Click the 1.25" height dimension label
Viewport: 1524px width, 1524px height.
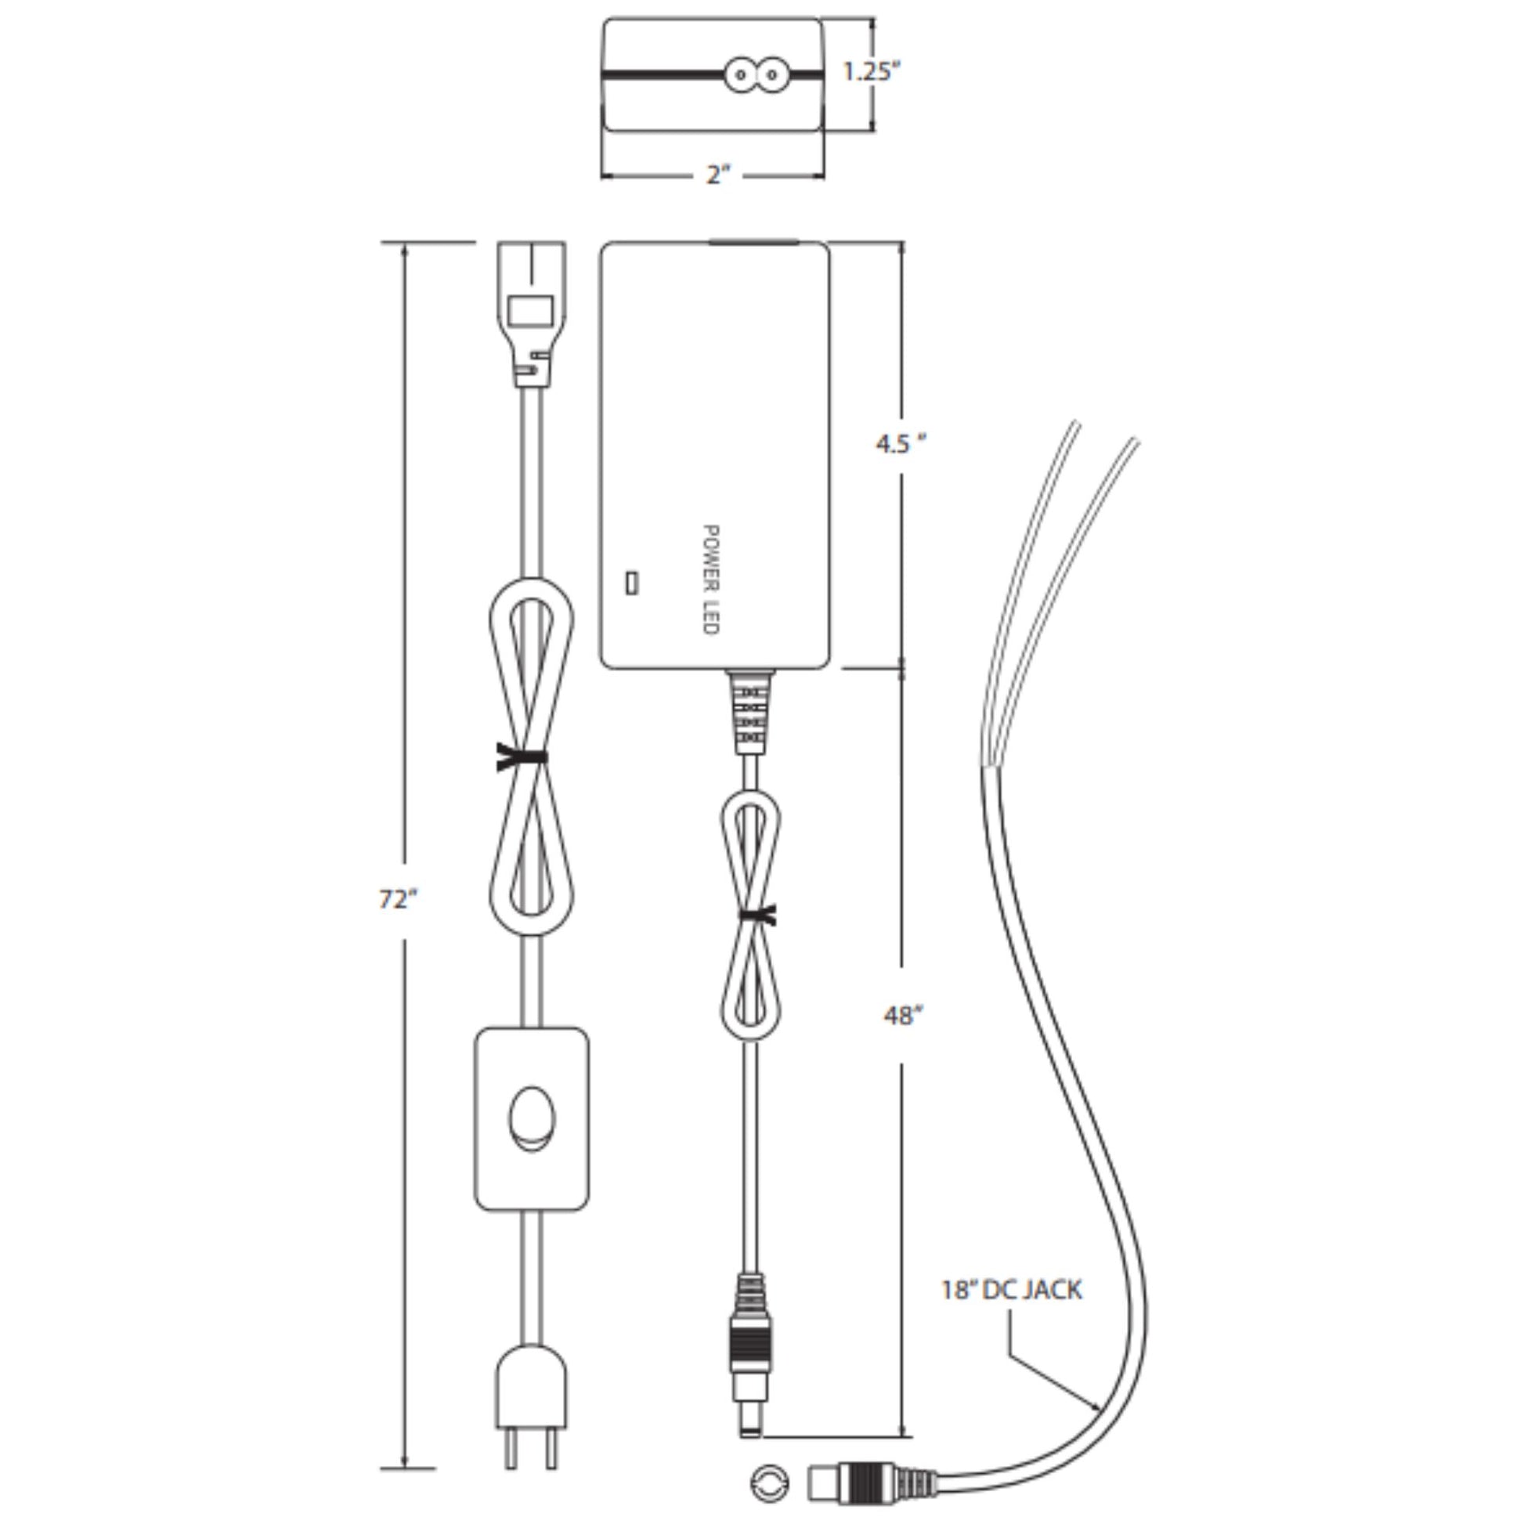(x=872, y=72)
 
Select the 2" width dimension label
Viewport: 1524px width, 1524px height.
(x=719, y=175)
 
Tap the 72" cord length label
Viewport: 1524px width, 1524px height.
(x=399, y=898)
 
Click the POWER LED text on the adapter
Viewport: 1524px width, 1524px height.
(x=710, y=580)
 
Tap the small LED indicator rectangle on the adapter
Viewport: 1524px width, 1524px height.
(x=631, y=583)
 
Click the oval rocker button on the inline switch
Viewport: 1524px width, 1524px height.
(x=532, y=1121)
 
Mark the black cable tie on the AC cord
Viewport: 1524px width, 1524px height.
(x=522, y=757)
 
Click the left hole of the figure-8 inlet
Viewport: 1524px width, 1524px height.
(x=741, y=75)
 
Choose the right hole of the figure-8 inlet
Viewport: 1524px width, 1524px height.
(x=771, y=75)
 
